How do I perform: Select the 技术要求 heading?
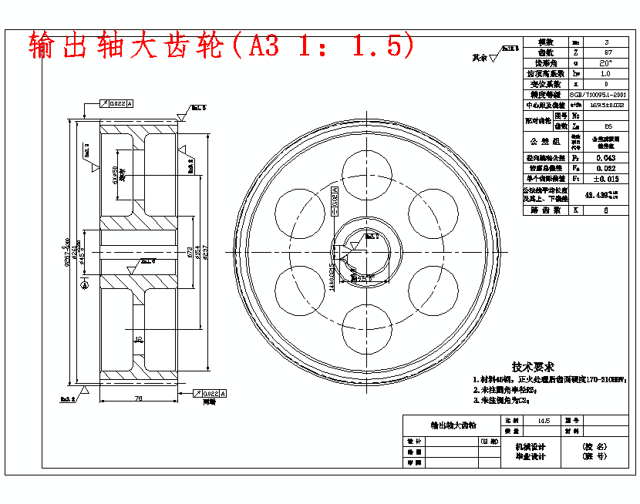pyautogui.click(x=533, y=368)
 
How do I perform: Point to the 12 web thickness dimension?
pyautogui.click(x=138, y=339)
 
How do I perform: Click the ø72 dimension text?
pyautogui.click(x=188, y=252)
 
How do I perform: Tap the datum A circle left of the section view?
pyautogui.click(x=84, y=284)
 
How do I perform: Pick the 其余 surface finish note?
pyautogui.click(x=480, y=58)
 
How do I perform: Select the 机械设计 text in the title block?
pyautogui.click(x=530, y=446)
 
